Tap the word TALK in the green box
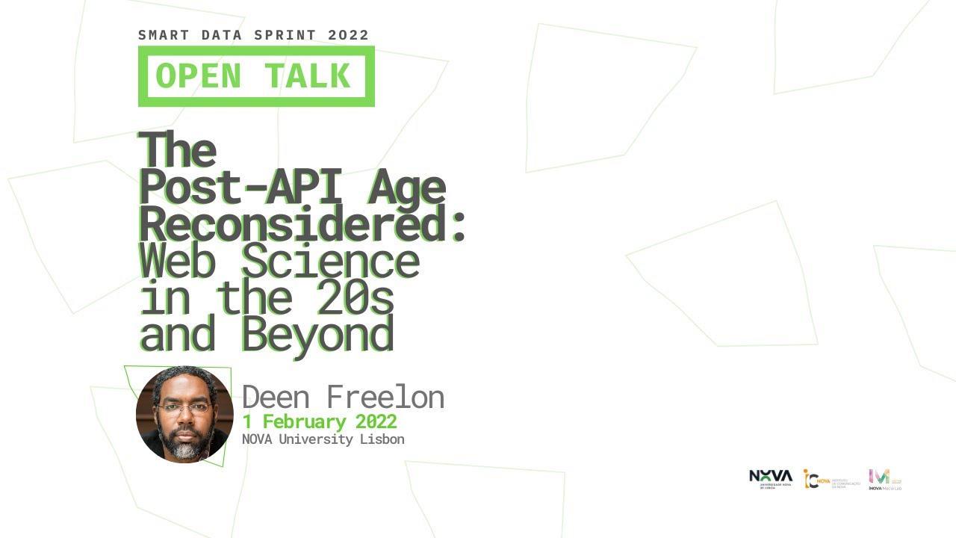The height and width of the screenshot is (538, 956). coord(307,76)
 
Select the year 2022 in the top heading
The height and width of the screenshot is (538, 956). coord(348,35)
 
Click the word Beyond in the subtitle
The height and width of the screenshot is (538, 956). coord(317,334)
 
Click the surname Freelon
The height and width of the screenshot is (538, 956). coord(385,397)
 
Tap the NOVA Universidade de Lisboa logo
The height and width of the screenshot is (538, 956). coord(771,478)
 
